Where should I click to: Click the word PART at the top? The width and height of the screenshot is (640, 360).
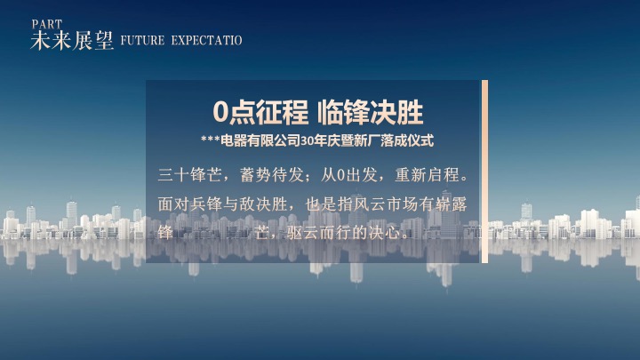46,23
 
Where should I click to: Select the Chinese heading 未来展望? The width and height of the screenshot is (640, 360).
72,41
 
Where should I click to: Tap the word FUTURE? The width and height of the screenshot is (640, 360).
139,41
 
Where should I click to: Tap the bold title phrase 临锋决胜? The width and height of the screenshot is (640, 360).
372,113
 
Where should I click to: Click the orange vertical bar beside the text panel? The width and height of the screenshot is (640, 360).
484,172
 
